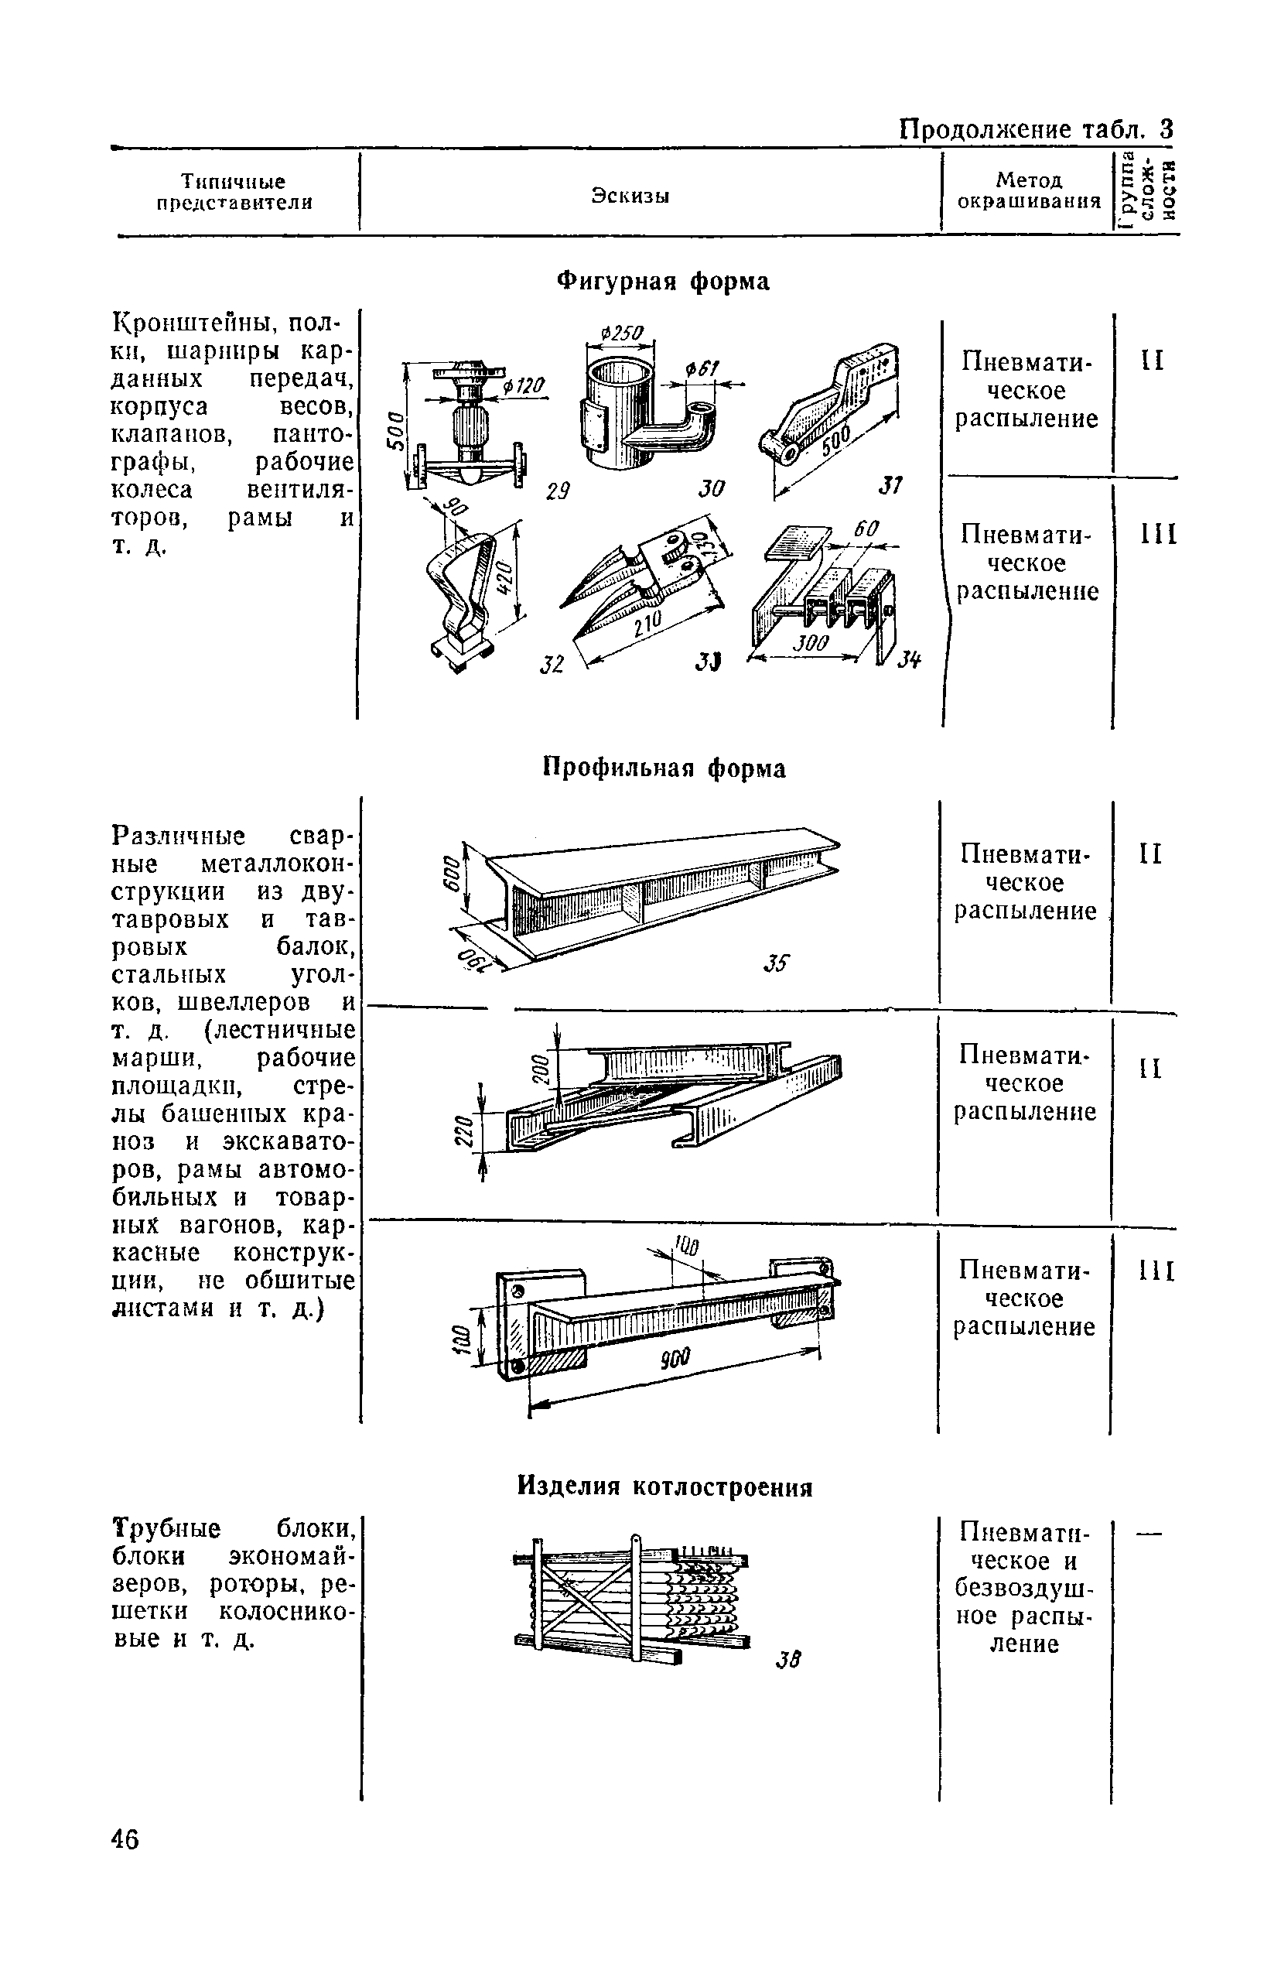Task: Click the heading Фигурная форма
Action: (663, 282)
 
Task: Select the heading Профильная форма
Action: (664, 768)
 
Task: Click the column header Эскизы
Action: (630, 196)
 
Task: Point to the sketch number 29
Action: (559, 490)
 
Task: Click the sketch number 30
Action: (712, 488)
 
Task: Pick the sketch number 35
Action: (777, 963)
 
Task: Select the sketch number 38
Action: (788, 1659)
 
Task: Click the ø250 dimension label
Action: (621, 332)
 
